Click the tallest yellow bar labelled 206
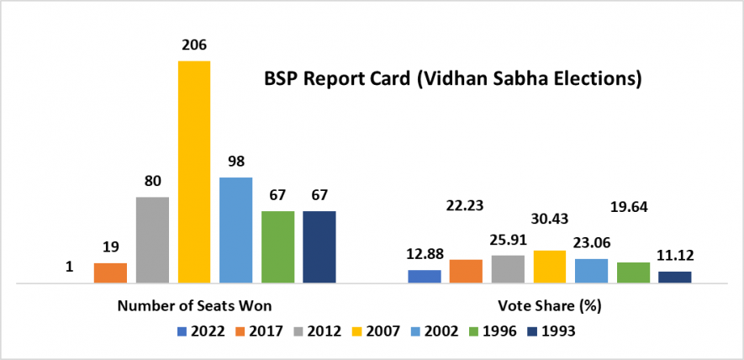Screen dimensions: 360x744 pyautogui.click(x=193, y=172)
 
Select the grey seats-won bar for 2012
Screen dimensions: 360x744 pyautogui.click(x=152, y=240)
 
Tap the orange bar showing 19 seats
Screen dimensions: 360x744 pyautogui.click(x=110, y=273)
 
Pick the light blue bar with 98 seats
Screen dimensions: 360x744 pyautogui.click(x=235, y=230)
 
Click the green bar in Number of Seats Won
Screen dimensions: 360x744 pyautogui.click(x=277, y=246)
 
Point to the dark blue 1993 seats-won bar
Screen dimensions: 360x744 pyautogui.click(x=319, y=246)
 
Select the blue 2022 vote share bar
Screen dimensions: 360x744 pyautogui.click(x=424, y=276)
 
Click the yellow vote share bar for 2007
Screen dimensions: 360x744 pyautogui.click(x=549, y=266)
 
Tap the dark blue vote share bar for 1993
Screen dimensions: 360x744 pyautogui.click(x=674, y=277)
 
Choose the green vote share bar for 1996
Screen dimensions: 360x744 pyautogui.click(x=633, y=272)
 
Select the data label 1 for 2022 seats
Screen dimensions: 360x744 pyautogui.click(x=69, y=267)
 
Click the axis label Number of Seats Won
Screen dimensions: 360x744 pyautogui.click(x=193, y=304)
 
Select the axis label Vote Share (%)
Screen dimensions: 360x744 pyautogui.click(x=549, y=304)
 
